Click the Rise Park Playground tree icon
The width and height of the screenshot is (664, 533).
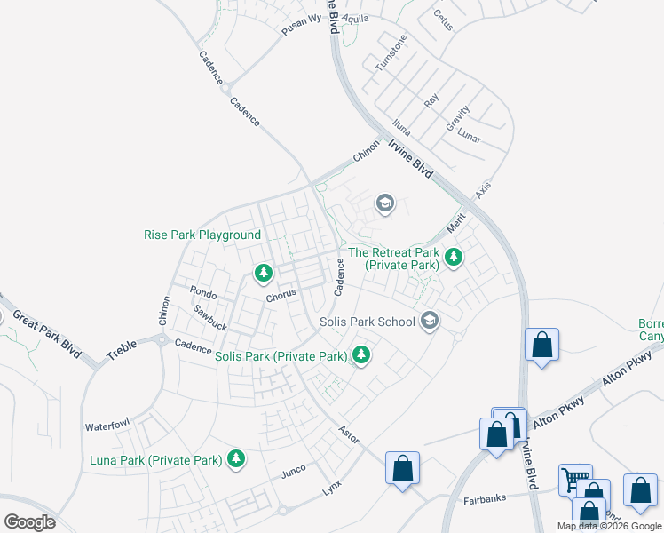pos(263,272)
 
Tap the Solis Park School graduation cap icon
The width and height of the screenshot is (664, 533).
pos(431,321)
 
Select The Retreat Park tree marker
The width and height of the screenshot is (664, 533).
pos(454,258)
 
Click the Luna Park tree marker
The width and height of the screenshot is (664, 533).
pos(235,458)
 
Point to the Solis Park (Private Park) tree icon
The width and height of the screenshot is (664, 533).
pos(360,354)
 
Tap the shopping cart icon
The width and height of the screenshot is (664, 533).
pos(574,480)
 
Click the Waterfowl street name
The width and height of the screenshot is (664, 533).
pos(107,426)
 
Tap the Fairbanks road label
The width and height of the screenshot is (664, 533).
pos(484,500)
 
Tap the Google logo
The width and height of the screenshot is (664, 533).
pos(29,522)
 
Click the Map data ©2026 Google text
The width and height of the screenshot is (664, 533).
pos(609,526)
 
